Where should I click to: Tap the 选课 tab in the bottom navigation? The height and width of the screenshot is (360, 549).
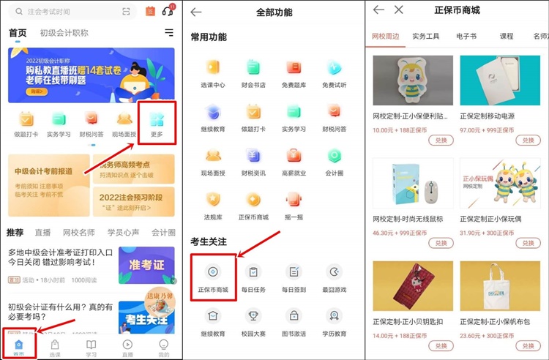[55, 347]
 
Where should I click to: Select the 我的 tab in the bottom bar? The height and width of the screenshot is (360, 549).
[163, 347]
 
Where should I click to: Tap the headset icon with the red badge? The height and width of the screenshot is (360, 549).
[168, 10]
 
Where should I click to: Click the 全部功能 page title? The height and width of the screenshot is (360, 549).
[273, 12]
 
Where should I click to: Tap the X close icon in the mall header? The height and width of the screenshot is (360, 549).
[398, 10]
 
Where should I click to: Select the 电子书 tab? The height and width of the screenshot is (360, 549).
[466, 36]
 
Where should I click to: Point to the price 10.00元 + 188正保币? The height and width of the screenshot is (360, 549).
[401, 130]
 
